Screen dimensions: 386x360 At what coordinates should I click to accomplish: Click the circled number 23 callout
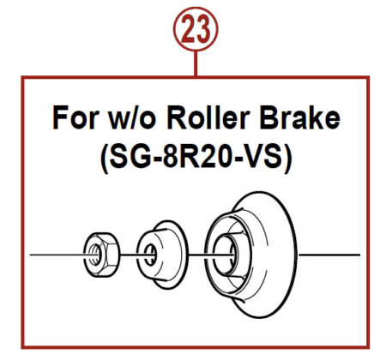point(196,29)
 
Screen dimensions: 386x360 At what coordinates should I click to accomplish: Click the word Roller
point(208,117)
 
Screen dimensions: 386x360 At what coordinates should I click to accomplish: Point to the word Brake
point(300,117)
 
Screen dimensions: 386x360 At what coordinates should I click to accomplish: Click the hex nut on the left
point(101,255)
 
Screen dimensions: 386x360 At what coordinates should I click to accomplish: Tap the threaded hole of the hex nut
point(95,255)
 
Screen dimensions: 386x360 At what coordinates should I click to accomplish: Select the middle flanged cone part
point(162,255)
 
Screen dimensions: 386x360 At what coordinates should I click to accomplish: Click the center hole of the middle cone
point(150,255)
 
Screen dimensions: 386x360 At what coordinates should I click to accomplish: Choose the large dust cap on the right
point(251,255)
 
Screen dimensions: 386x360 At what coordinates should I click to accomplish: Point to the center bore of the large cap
point(225,255)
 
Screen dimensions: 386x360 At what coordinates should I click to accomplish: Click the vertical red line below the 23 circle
point(196,63)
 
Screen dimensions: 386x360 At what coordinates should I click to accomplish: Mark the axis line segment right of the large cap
point(329,255)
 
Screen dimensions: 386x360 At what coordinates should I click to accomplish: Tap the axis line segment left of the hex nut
point(57,255)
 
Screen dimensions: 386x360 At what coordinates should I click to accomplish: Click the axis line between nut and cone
point(129,255)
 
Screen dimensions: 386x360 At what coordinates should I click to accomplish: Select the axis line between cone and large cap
point(197,255)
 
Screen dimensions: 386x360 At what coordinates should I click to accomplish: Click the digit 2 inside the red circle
point(188,29)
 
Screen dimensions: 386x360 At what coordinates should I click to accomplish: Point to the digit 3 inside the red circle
point(203,29)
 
